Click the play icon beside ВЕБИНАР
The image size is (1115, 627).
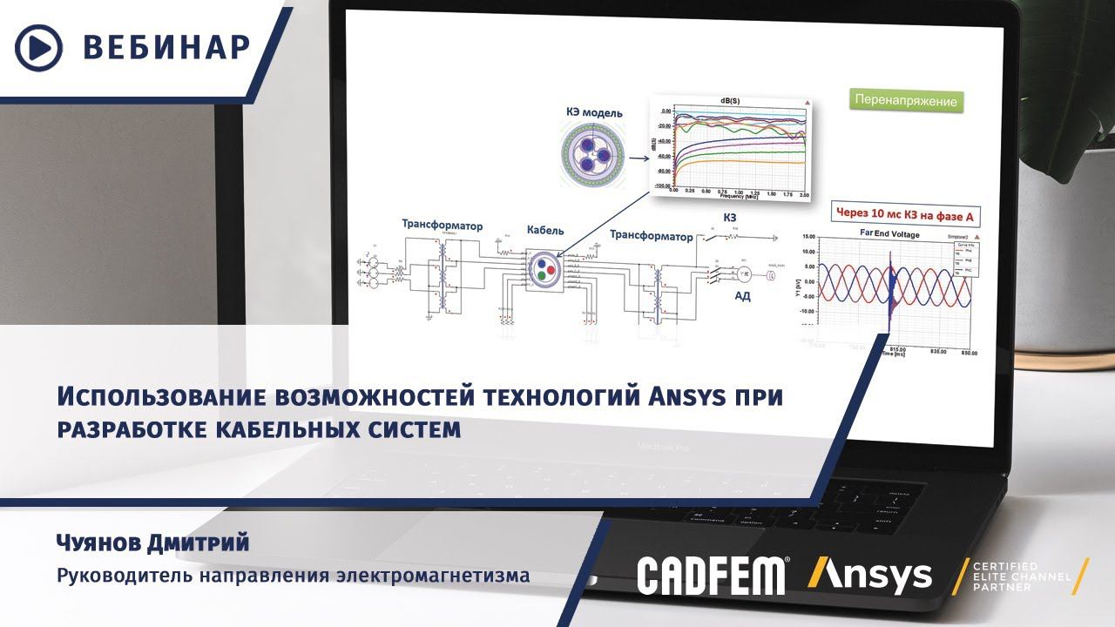pyautogui.click(x=39, y=47)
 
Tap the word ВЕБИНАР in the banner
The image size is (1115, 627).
pyautogui.click(x=166, y=47)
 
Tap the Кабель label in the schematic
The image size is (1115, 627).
pyautogui.click(x=545, y=231)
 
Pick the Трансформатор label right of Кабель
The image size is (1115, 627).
pyautogui.click(x=651, y=236)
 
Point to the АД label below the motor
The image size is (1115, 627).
pyautogui.click(x=742, y=296)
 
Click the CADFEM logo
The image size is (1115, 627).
pyautogui.click(x=713, y=576)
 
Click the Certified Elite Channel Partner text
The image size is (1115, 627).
pyautogui.click(x=1016, y=576)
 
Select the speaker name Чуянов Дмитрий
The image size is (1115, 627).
pyautogui.click(x=152, y=543)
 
